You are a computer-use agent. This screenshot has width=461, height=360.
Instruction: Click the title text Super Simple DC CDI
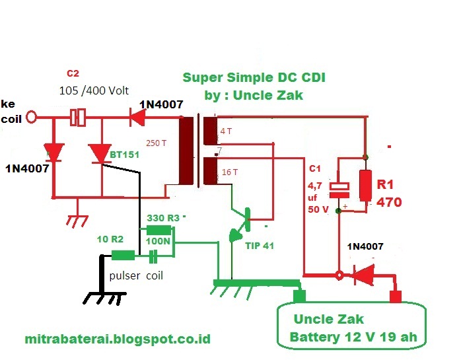coord(254,78)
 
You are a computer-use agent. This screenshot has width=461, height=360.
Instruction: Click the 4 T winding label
coord(226,131)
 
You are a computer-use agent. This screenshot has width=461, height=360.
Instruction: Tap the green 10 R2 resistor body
coord(124,256)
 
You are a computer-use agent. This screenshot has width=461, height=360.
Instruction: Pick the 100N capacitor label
coord(158,242)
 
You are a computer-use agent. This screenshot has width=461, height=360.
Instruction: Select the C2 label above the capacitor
coord(73,73)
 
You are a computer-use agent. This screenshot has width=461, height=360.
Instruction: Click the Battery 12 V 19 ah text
coord(353,338)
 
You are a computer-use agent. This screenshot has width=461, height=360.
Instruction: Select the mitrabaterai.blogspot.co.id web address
coord(118,339)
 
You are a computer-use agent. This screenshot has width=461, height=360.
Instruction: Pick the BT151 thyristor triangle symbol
coord(100,153)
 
